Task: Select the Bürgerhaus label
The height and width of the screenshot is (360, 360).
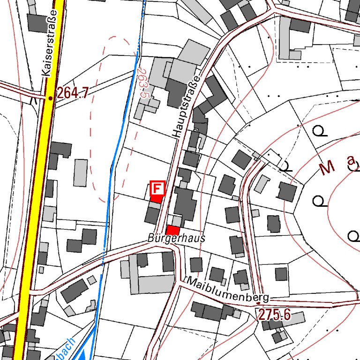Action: tap(176, 238)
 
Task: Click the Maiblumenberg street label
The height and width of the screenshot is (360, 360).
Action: tap(228, 290)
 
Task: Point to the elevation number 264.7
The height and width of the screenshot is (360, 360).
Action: tap(72, 94)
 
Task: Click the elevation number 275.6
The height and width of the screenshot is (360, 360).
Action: tap(275, 315)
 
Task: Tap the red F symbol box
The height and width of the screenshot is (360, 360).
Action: tap(157, 188)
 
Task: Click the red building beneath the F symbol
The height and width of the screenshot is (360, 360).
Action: tap(156, 199)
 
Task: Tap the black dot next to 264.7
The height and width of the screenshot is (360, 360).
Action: tap(51, 98)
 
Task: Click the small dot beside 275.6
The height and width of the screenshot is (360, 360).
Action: tap(259, 303)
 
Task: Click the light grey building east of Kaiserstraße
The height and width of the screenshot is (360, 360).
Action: tap(81, 172)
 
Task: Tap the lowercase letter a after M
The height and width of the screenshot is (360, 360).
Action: tap(351, 161)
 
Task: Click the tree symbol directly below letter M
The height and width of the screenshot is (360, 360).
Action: tap(320, 202)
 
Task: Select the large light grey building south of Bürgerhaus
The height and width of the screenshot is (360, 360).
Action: tap(155, 283)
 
